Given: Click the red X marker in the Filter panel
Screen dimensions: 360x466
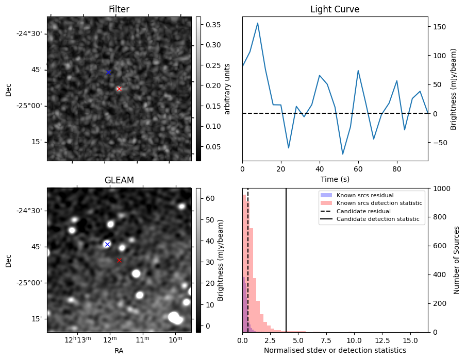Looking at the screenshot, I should pyautogui.click(x=119, y=89).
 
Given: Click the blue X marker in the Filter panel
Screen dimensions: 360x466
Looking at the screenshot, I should pyautogui.click(x=108, y=72).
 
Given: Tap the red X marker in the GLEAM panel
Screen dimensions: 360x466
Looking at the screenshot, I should pyautogui.click(x=119, y=261).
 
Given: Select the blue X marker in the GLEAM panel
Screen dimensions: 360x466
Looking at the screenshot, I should pyautogui.click(x=107, y=244).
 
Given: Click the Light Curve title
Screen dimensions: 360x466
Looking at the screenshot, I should pyautogui.click(x=335, y=9).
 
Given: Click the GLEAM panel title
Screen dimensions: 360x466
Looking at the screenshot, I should pyautogui.click(x=119, y=180).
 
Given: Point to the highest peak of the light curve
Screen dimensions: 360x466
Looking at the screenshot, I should pyautogui.click(x=258, y=23).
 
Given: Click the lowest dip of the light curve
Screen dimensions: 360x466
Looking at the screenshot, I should pyautogui.click(x=342, y=154).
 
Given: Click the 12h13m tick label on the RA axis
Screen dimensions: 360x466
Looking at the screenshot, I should pyautogui.click(x=78, y=340).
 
